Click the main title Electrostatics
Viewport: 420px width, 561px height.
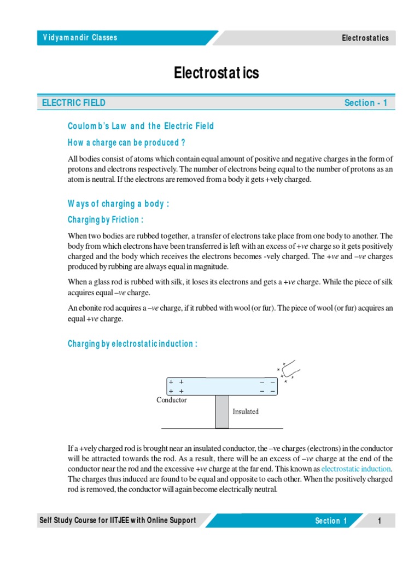pyautogui.click(x=217, y=73)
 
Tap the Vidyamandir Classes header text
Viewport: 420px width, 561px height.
pyautogui.click(x=80, y=38)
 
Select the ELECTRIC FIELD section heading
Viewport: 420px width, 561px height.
pyautogui.click(x=74, y=103)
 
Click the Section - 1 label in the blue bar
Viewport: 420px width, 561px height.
pyautogui.click(x=365, y=103)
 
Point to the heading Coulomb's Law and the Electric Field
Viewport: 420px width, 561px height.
pyautogui.click(x=141, y=126)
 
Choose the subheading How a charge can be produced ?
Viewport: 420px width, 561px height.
pyautogui.click(x=126, y=142)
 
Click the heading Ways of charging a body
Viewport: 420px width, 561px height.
pyautogui.click(x=118, y=204)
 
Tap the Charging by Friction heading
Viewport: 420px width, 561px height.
pyautogui.click(x=106, y=220)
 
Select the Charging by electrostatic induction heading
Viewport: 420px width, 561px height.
pyautogui.click(x=132, y=344)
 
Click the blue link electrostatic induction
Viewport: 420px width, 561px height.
pyautogui.click(x=356, y=469)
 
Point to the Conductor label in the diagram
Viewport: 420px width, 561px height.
pyautogui.click(x=172, y=400)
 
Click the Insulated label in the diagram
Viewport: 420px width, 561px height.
pyautogui.click(x=246, y=411)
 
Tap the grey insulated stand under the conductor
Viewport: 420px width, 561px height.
pyautogui.click(x=221, y=411)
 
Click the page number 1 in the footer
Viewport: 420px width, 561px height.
pyautogui.click(x=379, y=521)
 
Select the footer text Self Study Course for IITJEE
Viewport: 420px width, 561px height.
pyautogui.click(x=117, y=520)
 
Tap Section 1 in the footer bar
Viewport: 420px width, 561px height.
pyautogui.click(x=331, y=521)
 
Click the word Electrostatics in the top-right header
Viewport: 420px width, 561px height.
pyautogui.click(x=365, y=38)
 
